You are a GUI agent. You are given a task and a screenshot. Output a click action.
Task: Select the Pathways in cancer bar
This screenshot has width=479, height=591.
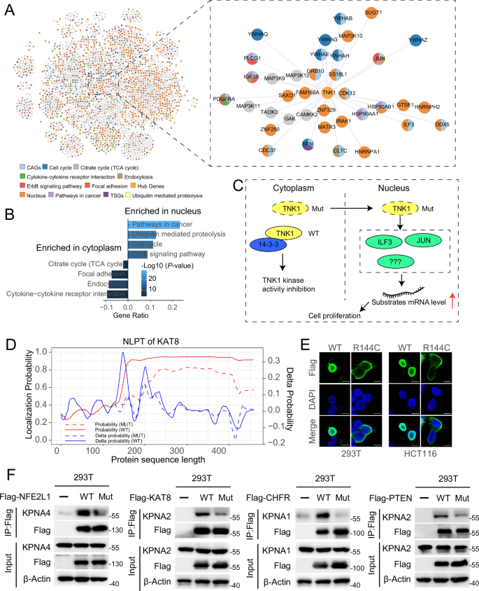tap(154, 224)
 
